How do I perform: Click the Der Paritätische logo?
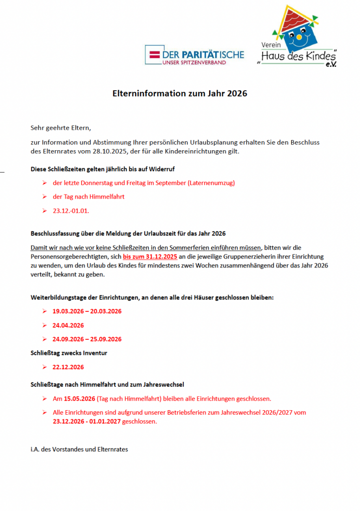pyautogui.click(x=194, y=55)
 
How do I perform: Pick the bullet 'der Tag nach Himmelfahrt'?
pyautogui.click(x=88, y=197)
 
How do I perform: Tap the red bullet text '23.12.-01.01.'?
pyautogui.click(x=71, y=211)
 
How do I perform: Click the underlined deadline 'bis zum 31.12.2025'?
pyautogui.click(x=150, y=256)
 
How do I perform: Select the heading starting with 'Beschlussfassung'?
pyautogui.click(x=128, y=233)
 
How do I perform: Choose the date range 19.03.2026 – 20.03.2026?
pyautogui.click(x=87, y=311)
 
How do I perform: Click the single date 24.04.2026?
pyautogui.click(x=68, y=325)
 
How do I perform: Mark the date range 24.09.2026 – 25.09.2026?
pyautogui.click(x=87, y=339)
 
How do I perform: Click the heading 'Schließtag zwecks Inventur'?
pyautogui.click(x=69, y=353)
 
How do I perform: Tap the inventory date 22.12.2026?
pyautogui.click(x=68, y=367)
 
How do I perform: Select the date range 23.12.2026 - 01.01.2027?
pyautogui.click(x=86, y=421)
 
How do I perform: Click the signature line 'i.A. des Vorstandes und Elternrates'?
pyautogui.click(x=79, y=449)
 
